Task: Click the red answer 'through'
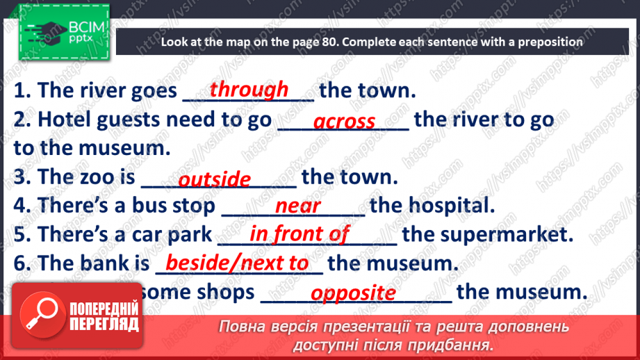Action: coord(249,89)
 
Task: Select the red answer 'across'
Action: coord(344,122)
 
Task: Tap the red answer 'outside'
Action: coord(214,179)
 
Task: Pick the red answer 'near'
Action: coord(298,206)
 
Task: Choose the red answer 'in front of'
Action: coord(299,234)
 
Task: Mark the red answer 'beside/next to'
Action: coord(237,263)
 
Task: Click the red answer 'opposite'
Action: coord(353,293)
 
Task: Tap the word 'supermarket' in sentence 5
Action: coord(506,234)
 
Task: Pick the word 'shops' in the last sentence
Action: coord(224,292)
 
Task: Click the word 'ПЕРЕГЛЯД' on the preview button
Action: coord(104,324)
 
